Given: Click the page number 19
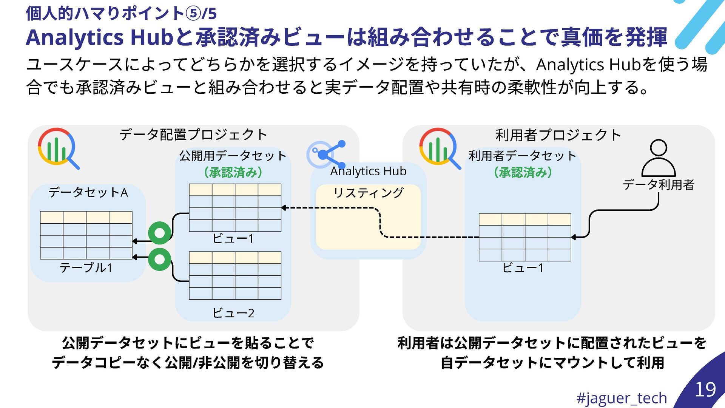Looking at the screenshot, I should (x=705, y=389).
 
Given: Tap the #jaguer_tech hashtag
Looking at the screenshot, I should (x=622, y=398).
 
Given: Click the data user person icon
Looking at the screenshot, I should (x=659, y=158).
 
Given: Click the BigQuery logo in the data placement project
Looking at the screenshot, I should (x=58, y=148).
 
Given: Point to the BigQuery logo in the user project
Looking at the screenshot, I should (x=439, y=148).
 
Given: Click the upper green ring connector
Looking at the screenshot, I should (x=160, y=233).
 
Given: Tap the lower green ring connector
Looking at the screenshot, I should (x=160, y=259).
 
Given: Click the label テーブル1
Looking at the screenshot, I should (x=86, y=268).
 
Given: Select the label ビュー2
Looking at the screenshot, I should (x=233, y=313).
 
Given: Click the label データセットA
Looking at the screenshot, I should (x=88, y=193).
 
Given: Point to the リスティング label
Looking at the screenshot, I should (x=368, y=193).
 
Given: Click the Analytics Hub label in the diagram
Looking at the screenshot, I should (x=368, y=171).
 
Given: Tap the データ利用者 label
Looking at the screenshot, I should (x=659, y=185).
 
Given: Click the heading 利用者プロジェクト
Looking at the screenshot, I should (x=558, y=135).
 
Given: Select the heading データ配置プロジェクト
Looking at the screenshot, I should (x=193, y=134).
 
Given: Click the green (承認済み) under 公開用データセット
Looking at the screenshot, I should (x=233, y=173).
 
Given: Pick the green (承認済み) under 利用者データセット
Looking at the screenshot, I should (x=523, y=173).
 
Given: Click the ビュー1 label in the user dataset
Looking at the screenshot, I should (x=523, y=268).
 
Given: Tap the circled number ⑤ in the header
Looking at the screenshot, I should (x=193, y=14).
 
